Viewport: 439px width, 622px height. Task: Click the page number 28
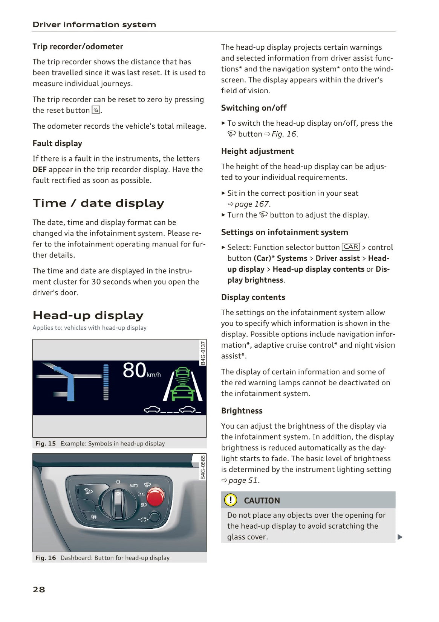tap(39, 589)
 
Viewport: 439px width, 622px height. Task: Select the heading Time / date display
tap(98, 203)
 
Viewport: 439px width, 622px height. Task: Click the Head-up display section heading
tap(88, 315)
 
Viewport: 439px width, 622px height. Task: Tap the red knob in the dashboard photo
tap(155, 497)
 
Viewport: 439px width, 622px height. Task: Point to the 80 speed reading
tap(135, 370)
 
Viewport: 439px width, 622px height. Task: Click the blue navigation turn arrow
tap(68, 380)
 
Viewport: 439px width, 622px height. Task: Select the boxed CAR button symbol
tap(350, 247)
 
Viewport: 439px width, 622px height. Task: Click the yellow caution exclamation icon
tap(230, 500)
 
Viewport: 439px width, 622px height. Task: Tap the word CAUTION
tap(262, 500)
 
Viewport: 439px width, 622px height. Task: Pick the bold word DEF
tap(40, 170)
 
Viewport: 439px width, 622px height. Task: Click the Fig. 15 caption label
tap(46, 444)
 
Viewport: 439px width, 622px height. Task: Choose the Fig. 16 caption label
tap(46, 558)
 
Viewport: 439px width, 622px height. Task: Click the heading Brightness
tap(242, 411)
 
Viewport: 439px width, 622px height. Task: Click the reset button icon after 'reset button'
tap(96, 110)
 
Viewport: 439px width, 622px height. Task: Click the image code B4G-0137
tap(203, 353)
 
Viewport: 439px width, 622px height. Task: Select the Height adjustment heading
tap(257, 151)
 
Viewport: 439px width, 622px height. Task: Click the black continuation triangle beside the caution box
tap(400, 537)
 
